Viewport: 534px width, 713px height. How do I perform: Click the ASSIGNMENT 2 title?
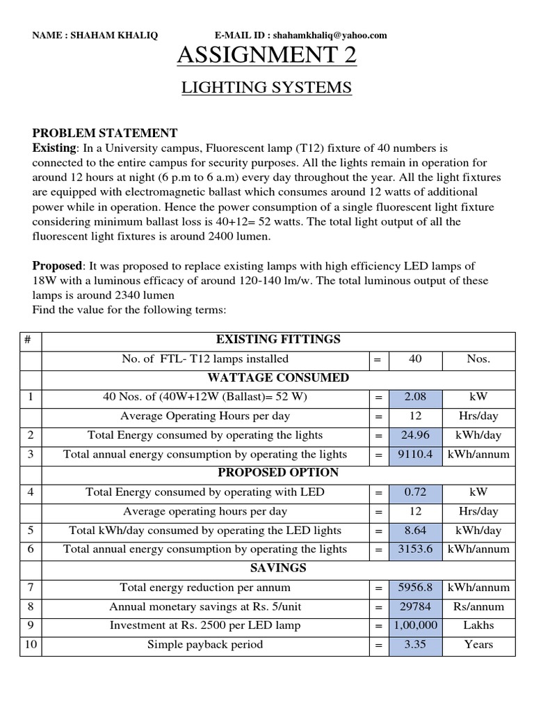coord(267,56)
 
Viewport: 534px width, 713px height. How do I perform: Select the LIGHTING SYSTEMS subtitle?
coord(267,88)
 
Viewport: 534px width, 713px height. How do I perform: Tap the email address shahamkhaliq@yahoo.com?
coord(330,36)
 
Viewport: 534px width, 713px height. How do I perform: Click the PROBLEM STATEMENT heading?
coord(105,133)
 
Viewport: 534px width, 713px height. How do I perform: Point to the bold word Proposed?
coord(57,266)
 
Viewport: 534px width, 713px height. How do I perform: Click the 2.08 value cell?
coord(414,397)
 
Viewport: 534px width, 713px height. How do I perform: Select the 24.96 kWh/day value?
coord(414,435)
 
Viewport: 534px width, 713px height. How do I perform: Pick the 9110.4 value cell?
coord(414,454)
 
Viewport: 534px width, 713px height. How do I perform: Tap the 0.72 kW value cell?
coord(414,492)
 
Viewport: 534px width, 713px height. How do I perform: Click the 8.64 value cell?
coord(414,531)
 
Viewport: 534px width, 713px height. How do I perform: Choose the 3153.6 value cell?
coord(414,549)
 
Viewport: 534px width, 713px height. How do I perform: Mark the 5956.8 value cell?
coord(414,588)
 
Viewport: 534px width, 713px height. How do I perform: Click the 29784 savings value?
coord(414,606)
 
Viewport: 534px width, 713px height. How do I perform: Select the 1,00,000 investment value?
coord(414,625)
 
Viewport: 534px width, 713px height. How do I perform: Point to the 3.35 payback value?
coord(414,645)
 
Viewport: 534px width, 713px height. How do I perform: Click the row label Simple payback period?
coord(205,645)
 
